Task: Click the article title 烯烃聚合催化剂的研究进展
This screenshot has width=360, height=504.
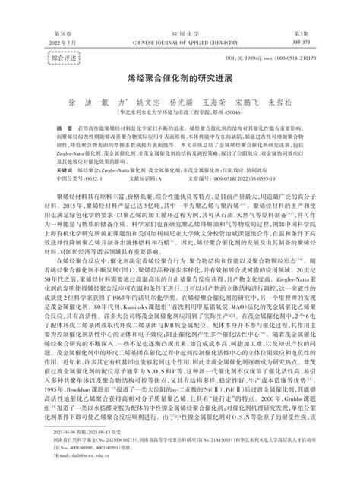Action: click(x=180, y=78)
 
